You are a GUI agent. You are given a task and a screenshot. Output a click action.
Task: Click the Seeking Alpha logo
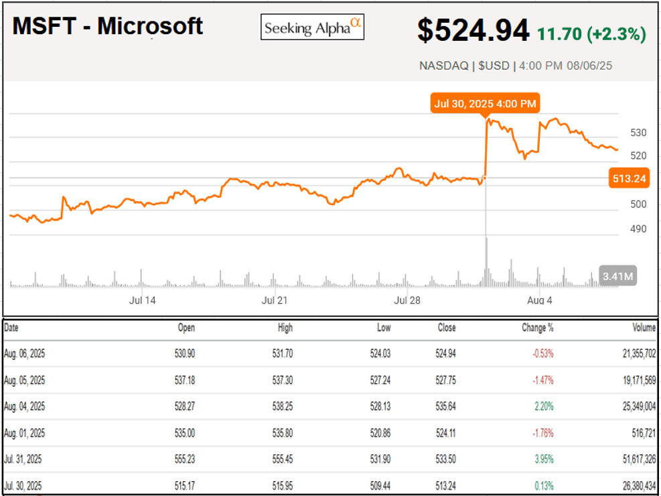coord(312,27)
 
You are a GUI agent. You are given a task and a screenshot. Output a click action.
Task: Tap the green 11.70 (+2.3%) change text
coord(589,34)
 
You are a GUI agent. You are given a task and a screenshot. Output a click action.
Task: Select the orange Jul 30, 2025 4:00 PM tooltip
coord(485,103)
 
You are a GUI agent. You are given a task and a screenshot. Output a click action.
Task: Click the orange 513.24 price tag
coord(628,178)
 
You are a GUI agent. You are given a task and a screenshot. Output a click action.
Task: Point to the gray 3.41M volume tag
coord(618,276)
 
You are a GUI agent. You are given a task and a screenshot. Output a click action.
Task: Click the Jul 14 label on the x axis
coord(142,300)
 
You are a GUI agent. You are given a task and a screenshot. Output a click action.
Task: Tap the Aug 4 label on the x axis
coord(539,300)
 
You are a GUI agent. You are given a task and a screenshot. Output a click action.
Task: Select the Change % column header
coord(537,328)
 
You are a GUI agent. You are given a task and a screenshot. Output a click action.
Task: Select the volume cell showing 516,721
coord(640,433)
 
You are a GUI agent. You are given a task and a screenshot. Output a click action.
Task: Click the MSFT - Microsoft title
coord(108,26)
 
